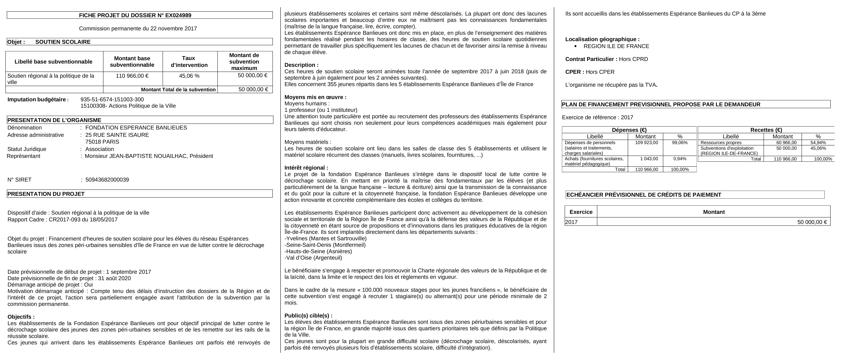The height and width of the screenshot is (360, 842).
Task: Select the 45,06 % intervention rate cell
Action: (x=189, y=76)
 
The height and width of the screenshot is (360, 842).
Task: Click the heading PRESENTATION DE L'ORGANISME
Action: (x=54, y=120)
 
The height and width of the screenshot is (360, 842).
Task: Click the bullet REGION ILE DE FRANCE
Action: (x=616, y=46)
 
